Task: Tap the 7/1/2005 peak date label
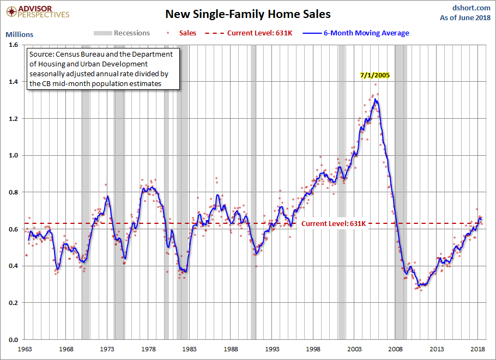click(374, 75)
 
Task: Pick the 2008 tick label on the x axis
click(396, 349)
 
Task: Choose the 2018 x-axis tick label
click(478, 349)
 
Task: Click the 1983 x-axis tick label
click(190, 349)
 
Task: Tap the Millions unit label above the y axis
click(19, 34)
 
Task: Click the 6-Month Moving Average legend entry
click(366, 33)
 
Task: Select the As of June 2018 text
click(464, 18)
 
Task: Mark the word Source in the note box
click(41, 54)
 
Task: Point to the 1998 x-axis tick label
click(313, 349)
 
